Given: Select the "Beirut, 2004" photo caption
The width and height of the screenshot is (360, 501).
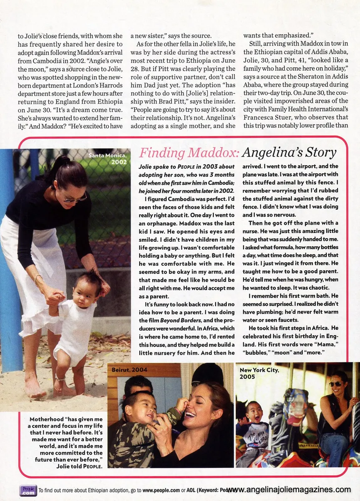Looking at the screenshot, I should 129,369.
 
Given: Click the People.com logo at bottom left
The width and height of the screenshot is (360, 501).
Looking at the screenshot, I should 28,491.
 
